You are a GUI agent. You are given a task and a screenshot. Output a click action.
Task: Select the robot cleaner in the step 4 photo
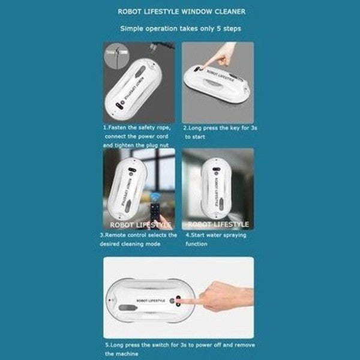coord(217,186)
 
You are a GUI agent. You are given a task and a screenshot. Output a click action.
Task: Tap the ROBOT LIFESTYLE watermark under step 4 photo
coord(218,224)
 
